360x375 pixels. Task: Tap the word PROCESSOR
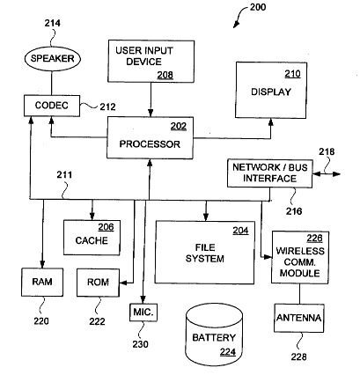150,144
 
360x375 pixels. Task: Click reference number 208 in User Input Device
165,75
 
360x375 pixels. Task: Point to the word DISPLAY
271,92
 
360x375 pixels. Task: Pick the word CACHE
92,240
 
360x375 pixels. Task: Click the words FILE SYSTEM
205,253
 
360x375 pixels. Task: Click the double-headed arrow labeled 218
327,174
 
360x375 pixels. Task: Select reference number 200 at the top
258,7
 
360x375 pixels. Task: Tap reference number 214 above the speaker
53,23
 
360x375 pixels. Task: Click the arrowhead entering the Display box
271,122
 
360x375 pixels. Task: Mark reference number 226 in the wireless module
314,239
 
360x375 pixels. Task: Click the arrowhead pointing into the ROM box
123,283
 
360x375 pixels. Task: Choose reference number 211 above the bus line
64,175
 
